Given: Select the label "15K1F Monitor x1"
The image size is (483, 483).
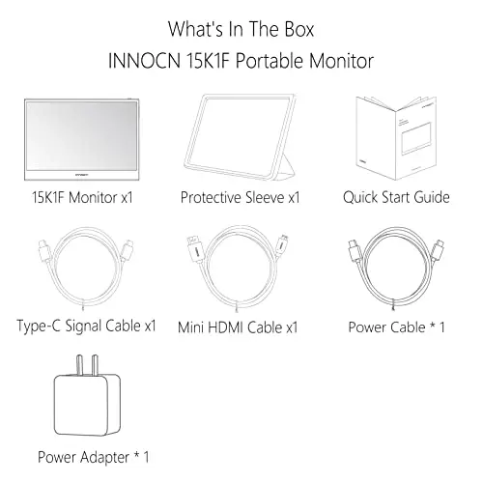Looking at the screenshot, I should pos(80,197).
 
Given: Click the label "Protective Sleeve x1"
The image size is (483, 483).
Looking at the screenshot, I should pos(240,197).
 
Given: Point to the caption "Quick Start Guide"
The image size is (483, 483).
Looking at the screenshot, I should pos(396,197).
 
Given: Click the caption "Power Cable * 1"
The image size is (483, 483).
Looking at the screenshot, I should pos(396,327).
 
